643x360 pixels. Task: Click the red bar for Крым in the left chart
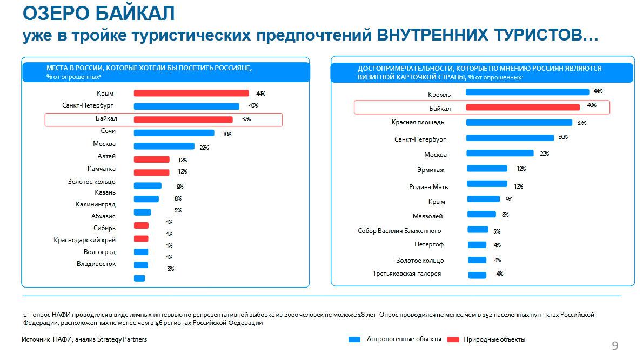tap(191, 93)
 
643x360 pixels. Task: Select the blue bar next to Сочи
tap(173, 133)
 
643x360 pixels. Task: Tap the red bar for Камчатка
tap(151, 172)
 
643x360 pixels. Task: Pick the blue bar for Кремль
tap(527, 92)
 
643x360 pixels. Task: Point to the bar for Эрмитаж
tap(486, 168)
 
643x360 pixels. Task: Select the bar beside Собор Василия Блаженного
tap(478, 230)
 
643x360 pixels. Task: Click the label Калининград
tap(96, 204)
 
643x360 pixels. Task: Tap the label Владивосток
tap(96, 264)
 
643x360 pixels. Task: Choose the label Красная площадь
tap(418, 123)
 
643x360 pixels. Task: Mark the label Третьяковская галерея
tap(407, 274)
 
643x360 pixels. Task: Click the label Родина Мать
tap(428, 187)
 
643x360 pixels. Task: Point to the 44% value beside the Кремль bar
tap(598, 91)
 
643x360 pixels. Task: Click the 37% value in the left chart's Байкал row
tap(246, 119)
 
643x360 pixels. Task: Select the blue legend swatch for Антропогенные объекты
tap(354, 339)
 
